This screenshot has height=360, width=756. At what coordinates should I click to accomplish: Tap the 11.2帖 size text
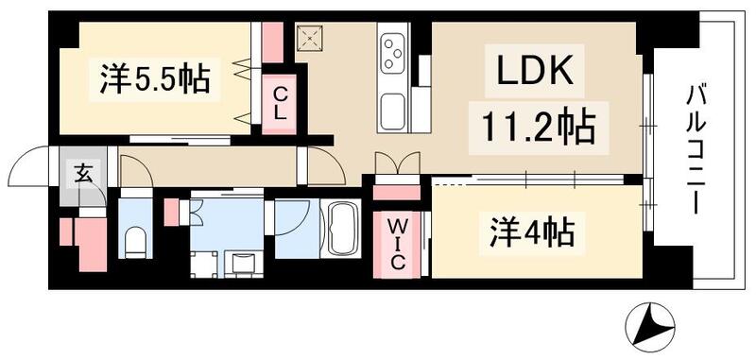pos(533,127)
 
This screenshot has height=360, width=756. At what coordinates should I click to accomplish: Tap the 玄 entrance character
pos(83,174)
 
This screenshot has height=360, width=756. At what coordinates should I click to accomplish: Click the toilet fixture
pos(134,242)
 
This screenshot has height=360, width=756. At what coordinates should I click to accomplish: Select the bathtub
pos(341,230)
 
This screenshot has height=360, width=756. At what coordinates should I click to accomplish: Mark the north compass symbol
pos(652,326)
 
